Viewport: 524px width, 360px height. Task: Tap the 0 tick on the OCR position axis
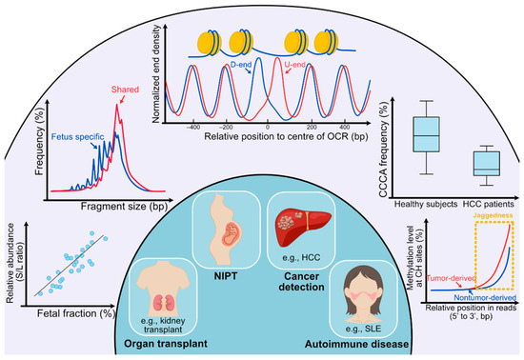point(269,126)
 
